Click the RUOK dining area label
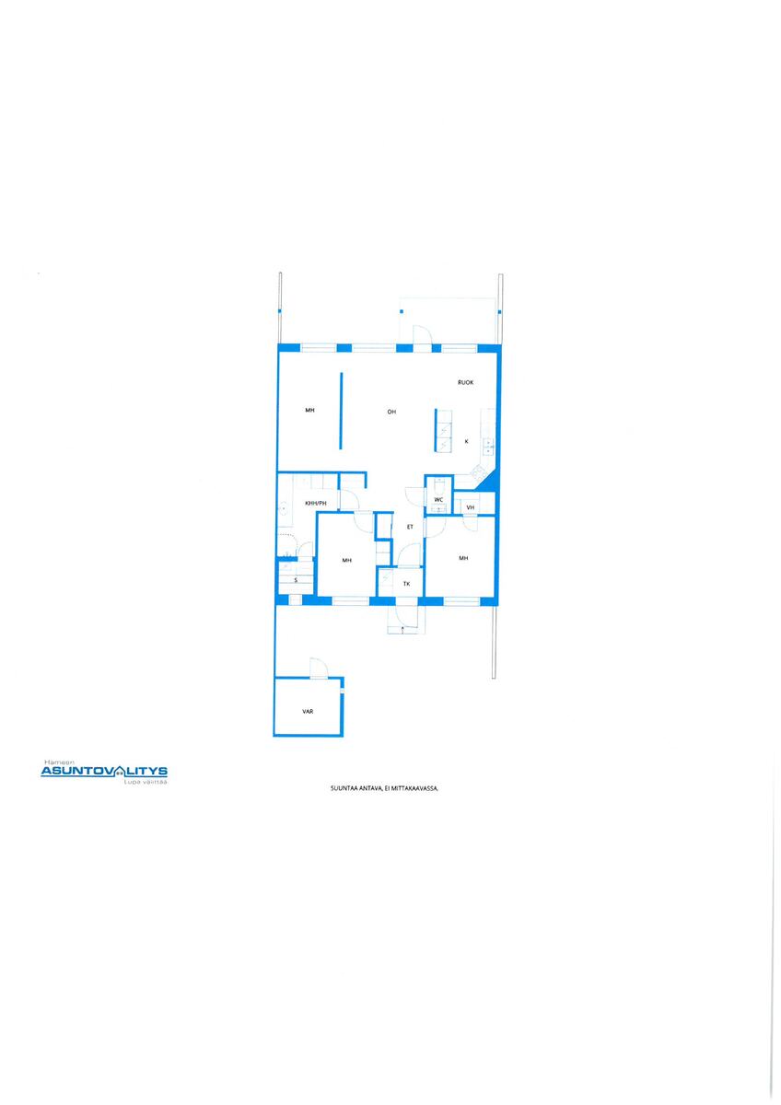pyautogui.click(x=465, y=382)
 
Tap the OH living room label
pyautogui.click(x=391, y=412)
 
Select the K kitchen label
pyautogui.click(x=466, y=441)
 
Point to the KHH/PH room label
pyautogui.click(x=316, y=503)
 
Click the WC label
pyautogui.click(x=438, y=500)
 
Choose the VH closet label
pyautogui.click(x=470, y=507)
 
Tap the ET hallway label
pyautogui.click(x=410, y=527)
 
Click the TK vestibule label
pyautogui.click(x=406, y=584)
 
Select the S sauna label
pyautogui.click(x=296, y=580)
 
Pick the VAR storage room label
pyautogui.click(x=308, y=711)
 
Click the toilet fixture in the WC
pyautogui.click(x=438, y=486)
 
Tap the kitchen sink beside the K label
pyautogui.click(x=488, y=447)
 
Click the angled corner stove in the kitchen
pyautogui.click(x=477, y=472)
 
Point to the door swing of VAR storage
pyautogui.click(x=320, y=668)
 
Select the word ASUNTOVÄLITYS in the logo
pyautogui.click(x=103, y=771)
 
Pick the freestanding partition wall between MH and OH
pyautogui.click(x=341, y=411)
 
